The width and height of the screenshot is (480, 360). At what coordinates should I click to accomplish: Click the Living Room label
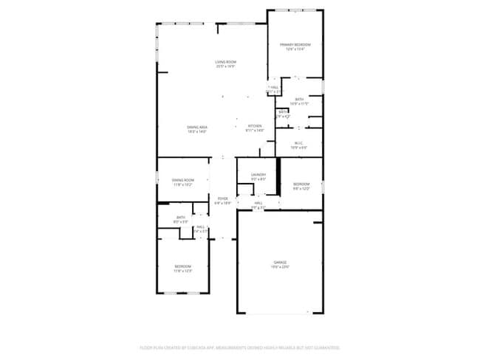click(225, 62)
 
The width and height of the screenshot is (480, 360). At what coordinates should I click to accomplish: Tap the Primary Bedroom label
click(295, 45)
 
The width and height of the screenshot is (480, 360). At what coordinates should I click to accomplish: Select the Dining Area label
click(196, 127)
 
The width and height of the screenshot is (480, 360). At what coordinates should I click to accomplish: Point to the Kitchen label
click(255, 126)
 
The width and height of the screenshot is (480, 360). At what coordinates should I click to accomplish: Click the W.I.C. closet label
click(298, 143)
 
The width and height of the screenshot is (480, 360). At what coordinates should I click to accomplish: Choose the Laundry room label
click(258, 175)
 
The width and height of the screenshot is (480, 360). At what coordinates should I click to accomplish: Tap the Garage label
click(280, 262)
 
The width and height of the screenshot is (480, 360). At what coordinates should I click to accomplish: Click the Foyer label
click(222, 198)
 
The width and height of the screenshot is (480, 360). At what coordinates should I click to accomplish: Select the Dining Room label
click(182, 180)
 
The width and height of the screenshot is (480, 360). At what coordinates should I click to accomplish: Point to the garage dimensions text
click(280, 266)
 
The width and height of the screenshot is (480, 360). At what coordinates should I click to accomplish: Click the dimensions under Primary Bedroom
click(295, 49)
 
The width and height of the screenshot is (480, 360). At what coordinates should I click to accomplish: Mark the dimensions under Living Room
click(225, 66)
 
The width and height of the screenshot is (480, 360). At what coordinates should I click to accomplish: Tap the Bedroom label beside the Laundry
click(301, 184)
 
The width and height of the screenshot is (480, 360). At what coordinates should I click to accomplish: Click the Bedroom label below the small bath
click(182, 266)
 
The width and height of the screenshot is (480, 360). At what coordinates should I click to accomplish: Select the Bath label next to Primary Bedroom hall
click(298, 99)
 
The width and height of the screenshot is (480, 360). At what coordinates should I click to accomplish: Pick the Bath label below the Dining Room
click(180, 217)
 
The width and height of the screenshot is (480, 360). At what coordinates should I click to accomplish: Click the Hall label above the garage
click(258, 203)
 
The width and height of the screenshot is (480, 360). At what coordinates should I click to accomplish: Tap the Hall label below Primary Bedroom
click(274, 87)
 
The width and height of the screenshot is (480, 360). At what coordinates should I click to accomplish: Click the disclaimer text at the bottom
click(240, 347)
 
